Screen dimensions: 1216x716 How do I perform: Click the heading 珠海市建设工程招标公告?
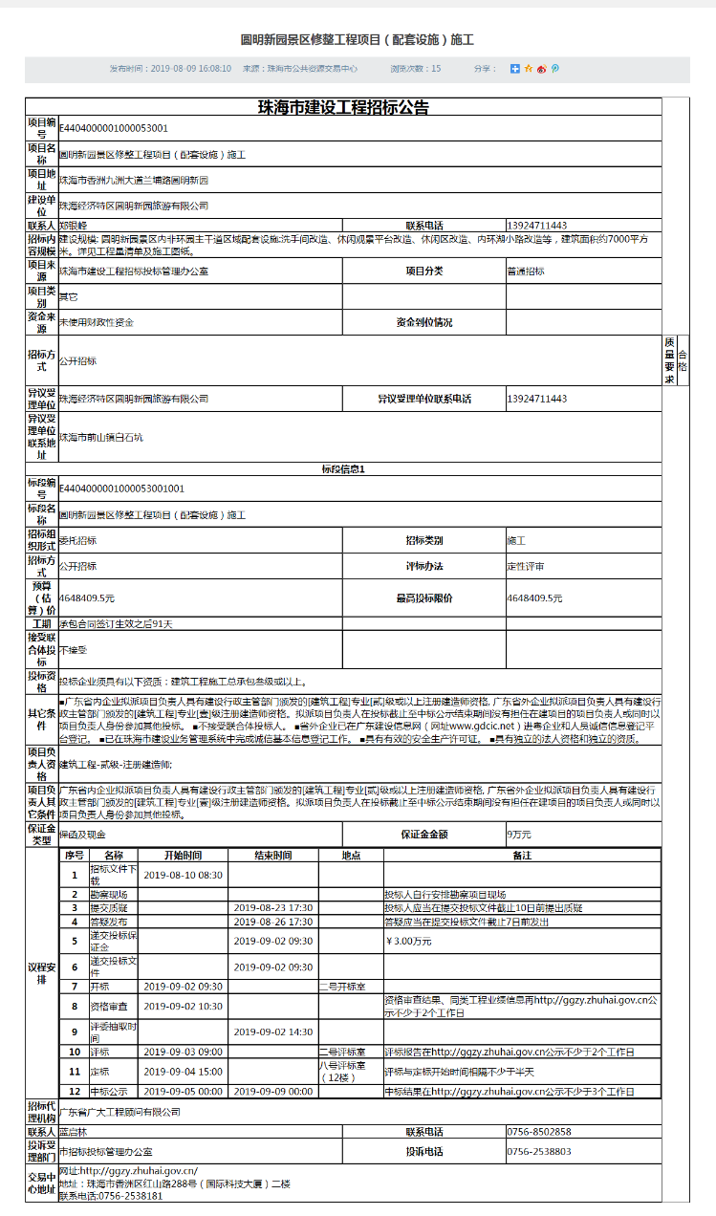[343, 107]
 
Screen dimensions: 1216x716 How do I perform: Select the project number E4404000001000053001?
[114, 128]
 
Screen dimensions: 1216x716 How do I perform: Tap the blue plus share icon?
[514, 69]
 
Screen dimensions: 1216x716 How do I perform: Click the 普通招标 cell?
[526, 271]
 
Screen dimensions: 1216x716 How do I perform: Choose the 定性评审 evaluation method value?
[526, 567]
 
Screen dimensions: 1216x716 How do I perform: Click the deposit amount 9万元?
[520, 835]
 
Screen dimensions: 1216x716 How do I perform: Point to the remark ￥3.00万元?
[409, 941]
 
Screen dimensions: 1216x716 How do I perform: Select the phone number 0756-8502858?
[539, 1132]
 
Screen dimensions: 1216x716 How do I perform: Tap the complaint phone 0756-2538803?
[539, 1152]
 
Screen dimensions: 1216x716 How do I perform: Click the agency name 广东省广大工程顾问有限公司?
[119, 1113]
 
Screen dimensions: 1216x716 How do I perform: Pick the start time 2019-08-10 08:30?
[183, 875]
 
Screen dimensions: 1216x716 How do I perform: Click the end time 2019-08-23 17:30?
[273, 907]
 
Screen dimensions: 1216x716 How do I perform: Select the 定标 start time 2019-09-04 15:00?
[183, 1072]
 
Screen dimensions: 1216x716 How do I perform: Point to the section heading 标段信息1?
[343, 469]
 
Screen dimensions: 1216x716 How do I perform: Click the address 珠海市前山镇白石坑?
[100, 438]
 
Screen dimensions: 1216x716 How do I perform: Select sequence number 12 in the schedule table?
[75, 1091]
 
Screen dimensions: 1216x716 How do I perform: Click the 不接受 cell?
[74, 650]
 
